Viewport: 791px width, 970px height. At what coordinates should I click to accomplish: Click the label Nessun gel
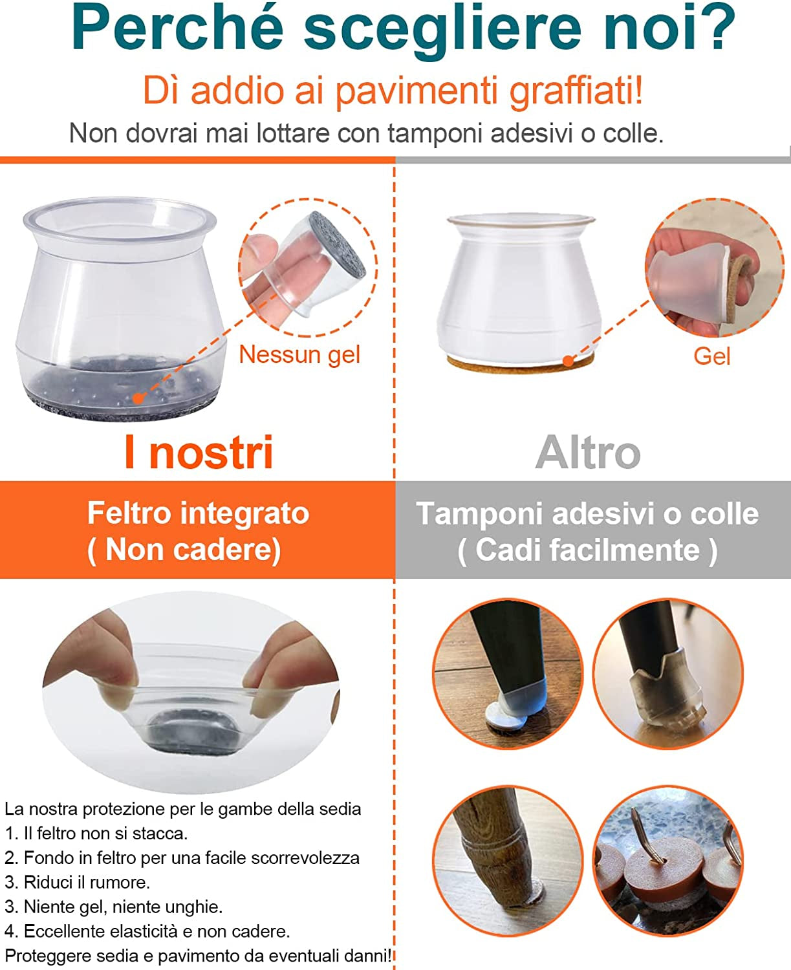coord(299,354)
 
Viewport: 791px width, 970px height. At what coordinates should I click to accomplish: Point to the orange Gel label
coord(712,356)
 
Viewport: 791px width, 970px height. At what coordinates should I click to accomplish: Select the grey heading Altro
coord(588,453)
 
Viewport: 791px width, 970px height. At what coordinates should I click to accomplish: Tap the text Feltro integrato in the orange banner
coord(199,513)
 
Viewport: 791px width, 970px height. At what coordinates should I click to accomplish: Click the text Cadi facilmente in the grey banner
coord(588,550)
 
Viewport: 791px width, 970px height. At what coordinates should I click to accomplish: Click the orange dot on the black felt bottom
coord(138,398)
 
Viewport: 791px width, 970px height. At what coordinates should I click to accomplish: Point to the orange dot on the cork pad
coord(569,360)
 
